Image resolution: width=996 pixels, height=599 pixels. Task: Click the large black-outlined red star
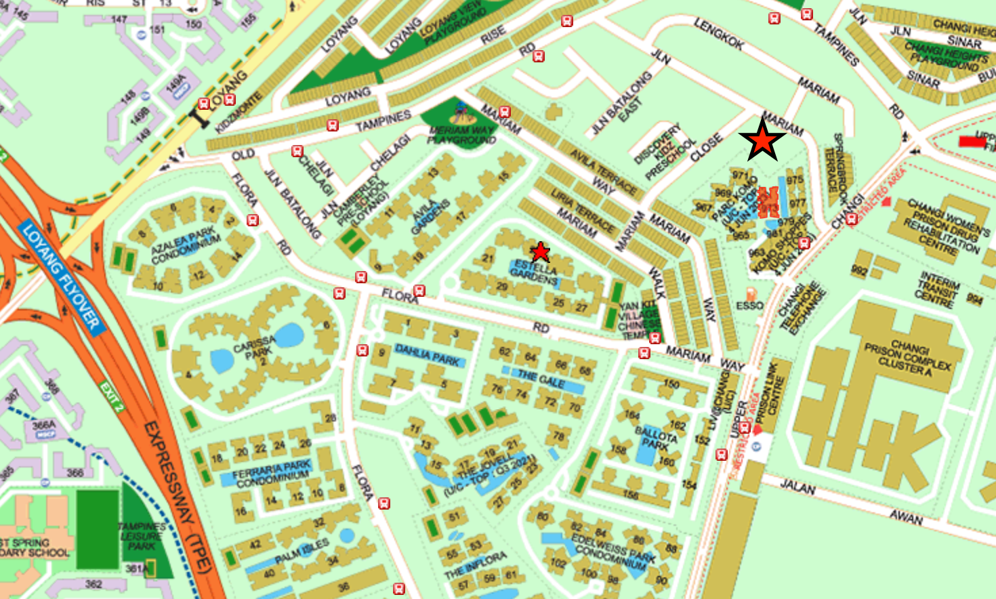[x=762, y=140]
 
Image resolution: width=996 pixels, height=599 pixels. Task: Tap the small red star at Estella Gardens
[x=540, y=252]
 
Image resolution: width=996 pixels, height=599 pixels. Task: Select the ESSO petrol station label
[x=749, y=306]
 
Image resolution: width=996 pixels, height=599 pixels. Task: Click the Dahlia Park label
[x=428, y=354]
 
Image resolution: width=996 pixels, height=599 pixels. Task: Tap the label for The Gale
[x=541, y=379]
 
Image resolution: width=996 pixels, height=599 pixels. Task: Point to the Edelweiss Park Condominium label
[x=613, y=551]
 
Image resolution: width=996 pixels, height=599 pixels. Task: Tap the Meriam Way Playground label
[x=461, y=134]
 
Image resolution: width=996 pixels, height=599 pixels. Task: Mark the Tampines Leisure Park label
[x=142, y=536]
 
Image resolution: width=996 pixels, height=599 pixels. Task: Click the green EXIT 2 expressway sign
[x=112, y=396]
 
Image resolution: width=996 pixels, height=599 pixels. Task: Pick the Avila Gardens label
[x=431, y=217]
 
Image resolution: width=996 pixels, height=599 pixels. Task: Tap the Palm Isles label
[x=302, y=551]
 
